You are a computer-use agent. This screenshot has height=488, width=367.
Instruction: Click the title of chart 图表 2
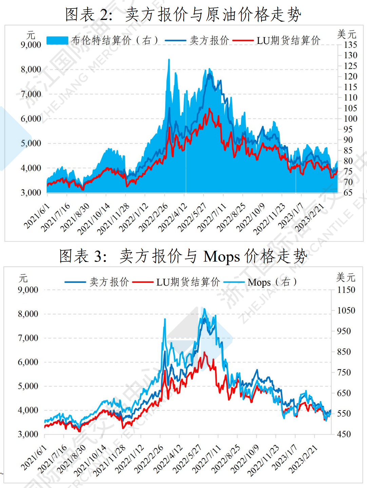click(x=183, y=15)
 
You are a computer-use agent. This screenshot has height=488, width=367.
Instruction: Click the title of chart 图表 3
click(x=183, y=256)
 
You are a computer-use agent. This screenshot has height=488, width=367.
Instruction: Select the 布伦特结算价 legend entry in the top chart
click(x=102, y=41)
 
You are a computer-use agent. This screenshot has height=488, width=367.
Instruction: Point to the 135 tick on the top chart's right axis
click(x=350, y=45)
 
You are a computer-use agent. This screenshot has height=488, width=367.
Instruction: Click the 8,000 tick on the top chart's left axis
click(x=31, y=69)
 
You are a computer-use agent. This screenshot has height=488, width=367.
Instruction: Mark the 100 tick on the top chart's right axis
click(x=350, y=119)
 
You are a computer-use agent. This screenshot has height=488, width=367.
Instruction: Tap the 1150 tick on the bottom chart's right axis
click(x=346, y=290)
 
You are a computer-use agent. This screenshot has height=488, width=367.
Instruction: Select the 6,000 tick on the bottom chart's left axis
click(x=28, y=362)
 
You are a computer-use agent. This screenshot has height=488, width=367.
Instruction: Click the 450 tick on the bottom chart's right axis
click(x=344, y=434)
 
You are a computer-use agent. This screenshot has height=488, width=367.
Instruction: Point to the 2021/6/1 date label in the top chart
click(x=37, y=216)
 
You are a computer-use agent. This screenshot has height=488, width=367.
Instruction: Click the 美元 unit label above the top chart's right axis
click(x=347, y=34)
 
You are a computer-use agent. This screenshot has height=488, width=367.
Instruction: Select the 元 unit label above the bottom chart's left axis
click(x=23, y=279)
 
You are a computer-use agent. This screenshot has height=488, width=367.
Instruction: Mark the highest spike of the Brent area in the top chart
click(x=169, y=60)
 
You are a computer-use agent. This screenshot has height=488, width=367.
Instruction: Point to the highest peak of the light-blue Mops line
click(x=204, y=309)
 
